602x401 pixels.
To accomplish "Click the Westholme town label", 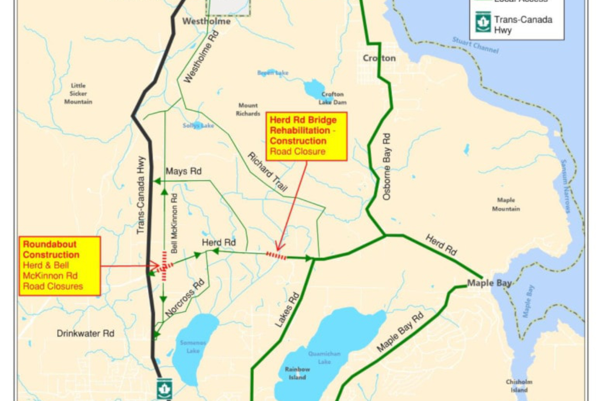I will click(207, 22).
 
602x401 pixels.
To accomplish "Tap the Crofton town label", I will click(379, 58).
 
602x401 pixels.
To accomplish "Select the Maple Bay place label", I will click(489, 283).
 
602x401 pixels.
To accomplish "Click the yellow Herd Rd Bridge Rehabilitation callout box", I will click(307, 136).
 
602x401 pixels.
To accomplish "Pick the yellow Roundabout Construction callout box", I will click(60, 266).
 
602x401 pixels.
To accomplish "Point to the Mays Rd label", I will click(184, 171).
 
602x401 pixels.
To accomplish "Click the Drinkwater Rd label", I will click(85, 333).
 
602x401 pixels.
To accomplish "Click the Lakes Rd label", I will click(287, 311).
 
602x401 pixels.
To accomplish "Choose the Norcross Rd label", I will click(186, 300).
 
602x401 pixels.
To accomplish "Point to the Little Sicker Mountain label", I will click(78, 94).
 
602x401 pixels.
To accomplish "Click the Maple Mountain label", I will click(506, 205).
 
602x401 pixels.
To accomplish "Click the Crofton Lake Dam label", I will click(333, 98).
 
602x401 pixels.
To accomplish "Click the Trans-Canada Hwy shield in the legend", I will click(483, 24).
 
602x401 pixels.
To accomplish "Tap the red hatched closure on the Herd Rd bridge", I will click(276, 256).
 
